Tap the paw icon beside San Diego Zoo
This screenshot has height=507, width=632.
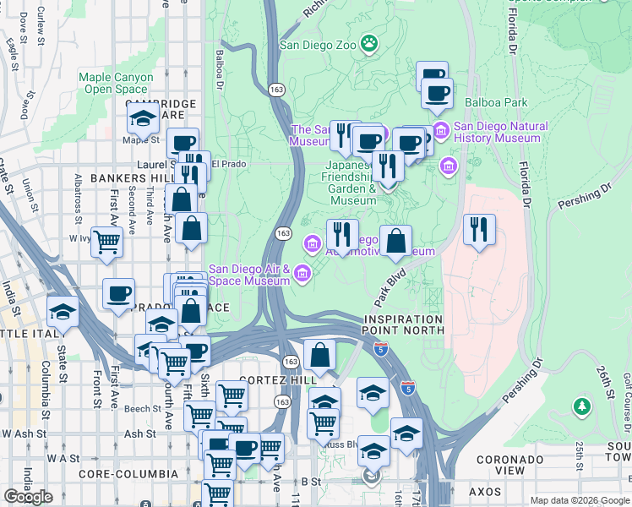[369, 42]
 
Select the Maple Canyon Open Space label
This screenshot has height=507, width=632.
[117, 83]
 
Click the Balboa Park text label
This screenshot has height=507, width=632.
[496, 102]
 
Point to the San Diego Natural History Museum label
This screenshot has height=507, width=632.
[500, 133]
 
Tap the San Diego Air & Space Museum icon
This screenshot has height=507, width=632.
[302, 270]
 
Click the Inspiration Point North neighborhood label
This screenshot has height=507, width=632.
[404, 324]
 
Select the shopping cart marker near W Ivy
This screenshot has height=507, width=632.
[107, 242]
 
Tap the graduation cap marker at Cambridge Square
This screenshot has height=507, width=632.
[143, 121]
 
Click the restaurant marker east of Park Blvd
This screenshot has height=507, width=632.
[479, 228]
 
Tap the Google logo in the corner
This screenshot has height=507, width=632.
[29, 497]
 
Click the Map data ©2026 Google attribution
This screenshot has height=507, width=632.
[579, 499]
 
